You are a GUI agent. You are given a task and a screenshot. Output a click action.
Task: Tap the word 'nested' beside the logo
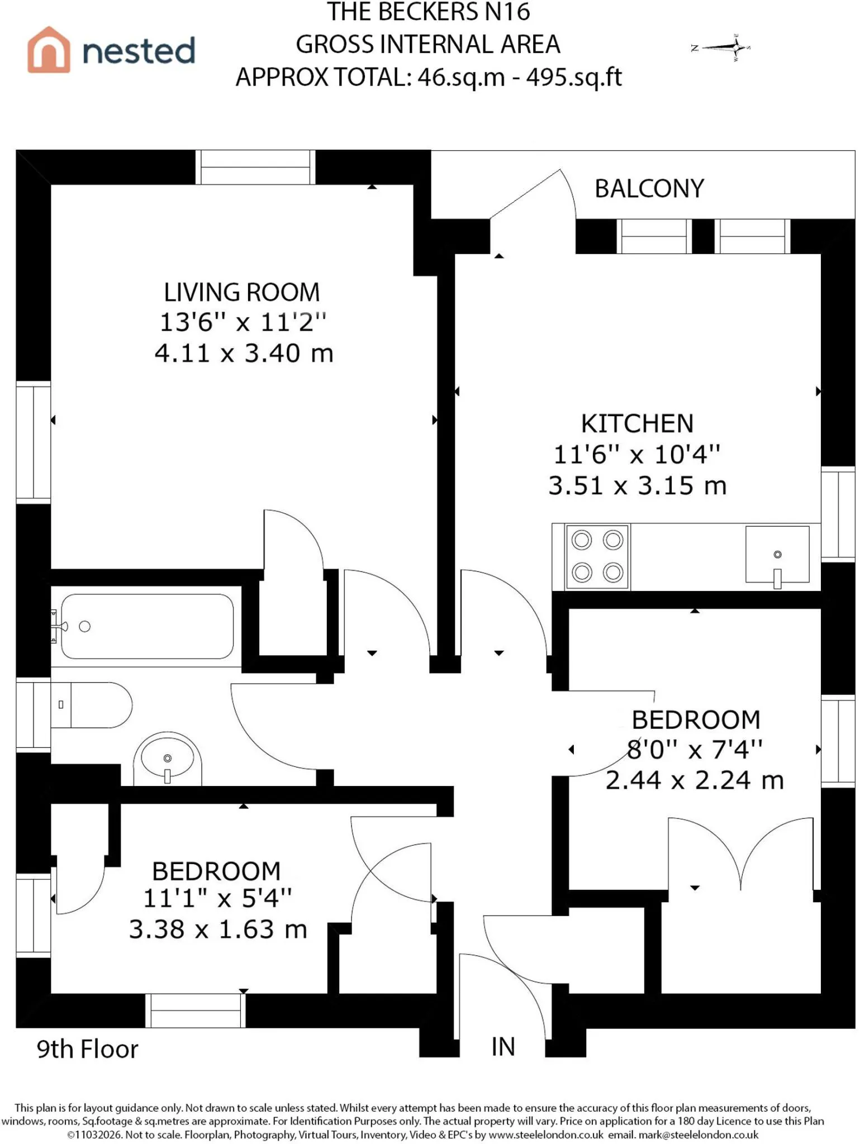coord(139,50)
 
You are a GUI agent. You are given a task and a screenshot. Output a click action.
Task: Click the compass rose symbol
coord(722,47)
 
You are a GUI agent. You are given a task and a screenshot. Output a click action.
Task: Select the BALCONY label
coord(649,189)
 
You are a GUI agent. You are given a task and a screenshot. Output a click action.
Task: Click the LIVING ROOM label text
coord(242,293)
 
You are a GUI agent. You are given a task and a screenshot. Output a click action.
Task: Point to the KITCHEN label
coord(637,423)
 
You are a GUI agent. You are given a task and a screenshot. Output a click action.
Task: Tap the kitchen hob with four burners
coord(597,556)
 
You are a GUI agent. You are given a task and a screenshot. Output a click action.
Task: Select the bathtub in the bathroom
coord(147,626)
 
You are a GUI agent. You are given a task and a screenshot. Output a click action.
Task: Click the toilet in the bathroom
coord(92,705)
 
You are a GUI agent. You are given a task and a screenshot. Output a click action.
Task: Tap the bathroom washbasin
coord(167,759)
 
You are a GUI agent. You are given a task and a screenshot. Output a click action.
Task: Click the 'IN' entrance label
coord(503,1047)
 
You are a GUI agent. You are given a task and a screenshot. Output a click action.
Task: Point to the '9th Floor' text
coord(87,1049)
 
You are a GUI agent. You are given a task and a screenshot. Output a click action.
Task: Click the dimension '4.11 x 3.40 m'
coord(244,353)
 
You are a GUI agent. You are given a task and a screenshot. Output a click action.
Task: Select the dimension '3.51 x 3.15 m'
coord(638,485)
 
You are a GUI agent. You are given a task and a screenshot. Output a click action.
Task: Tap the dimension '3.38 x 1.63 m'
coord(218,929)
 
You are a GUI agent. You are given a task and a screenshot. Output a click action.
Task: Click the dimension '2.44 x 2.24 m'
coord(695,780)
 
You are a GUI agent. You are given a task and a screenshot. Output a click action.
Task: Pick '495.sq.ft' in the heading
coord(574,77)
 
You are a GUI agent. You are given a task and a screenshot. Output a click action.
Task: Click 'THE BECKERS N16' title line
coord(429,12)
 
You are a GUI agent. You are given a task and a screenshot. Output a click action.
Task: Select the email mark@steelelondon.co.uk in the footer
coord(699,1135)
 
